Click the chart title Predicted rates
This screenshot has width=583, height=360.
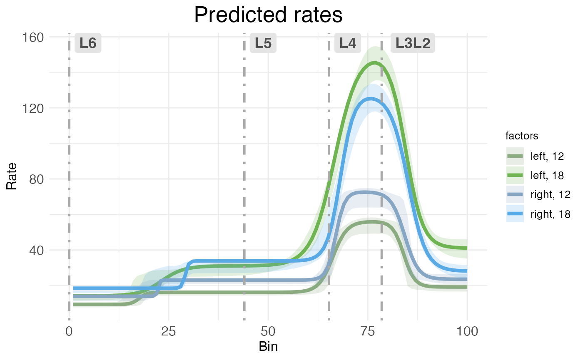(268, 15)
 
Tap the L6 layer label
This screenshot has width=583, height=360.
(88, 43)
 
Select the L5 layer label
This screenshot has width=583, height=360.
(263, 43)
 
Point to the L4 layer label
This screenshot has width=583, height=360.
(348, 43)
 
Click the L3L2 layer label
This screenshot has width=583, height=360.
(413, 43)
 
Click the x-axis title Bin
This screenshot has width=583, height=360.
(268, 347)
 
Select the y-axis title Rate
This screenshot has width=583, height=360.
(12, 176)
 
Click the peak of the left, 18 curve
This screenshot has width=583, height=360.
(375, 63)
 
